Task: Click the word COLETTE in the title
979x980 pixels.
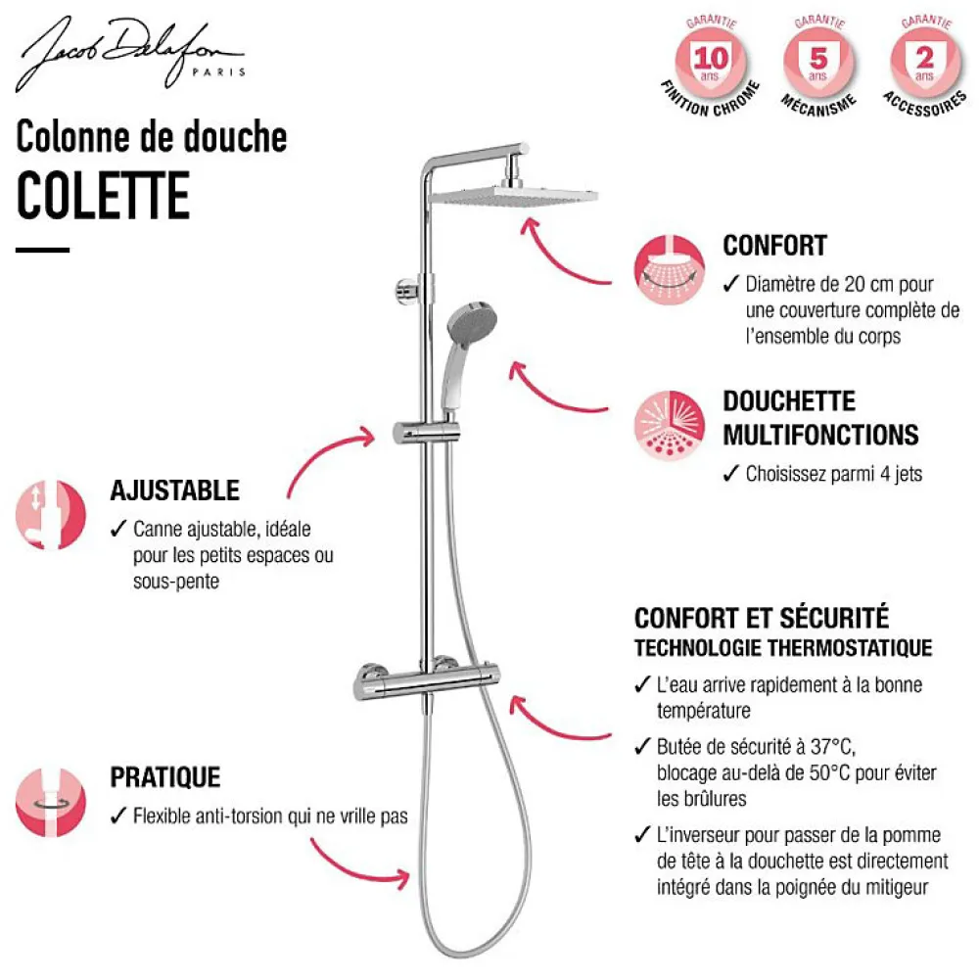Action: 103,196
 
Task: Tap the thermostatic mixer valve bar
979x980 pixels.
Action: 427,681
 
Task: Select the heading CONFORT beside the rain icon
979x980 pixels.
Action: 774,246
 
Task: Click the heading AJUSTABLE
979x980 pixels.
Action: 175,490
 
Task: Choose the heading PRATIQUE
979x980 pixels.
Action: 165,777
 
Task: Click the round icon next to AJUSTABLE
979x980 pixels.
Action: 51,515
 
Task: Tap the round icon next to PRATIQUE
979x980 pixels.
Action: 51,803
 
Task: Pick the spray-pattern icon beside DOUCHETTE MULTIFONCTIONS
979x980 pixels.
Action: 669,426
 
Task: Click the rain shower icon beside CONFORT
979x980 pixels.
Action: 669,270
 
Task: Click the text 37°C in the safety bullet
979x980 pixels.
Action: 833,747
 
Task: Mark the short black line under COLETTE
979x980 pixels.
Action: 42,250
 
